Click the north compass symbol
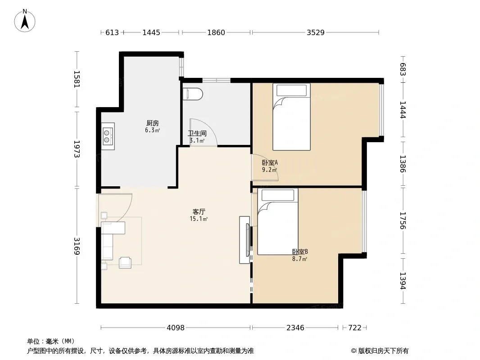coord(25,21)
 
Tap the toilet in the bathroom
coord(193,94)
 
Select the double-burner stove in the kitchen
coord(108,136)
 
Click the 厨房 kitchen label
coord(153,123)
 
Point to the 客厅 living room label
coord(199,211)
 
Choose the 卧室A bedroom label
coord(270,162)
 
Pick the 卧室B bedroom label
coord(300,252)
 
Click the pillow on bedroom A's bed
coord(291,90)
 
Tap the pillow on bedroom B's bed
coord(278,195)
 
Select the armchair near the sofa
coord(125,262)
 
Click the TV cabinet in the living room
coord(245,240)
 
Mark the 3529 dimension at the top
coord(316,32)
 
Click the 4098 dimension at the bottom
coord(176,328)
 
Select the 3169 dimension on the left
coord(77,246)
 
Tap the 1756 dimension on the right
coord(403,220)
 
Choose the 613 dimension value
coord(112,32)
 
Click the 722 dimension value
coord(355,328)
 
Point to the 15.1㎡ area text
coord(199,219)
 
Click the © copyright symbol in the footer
coord(353,351)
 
